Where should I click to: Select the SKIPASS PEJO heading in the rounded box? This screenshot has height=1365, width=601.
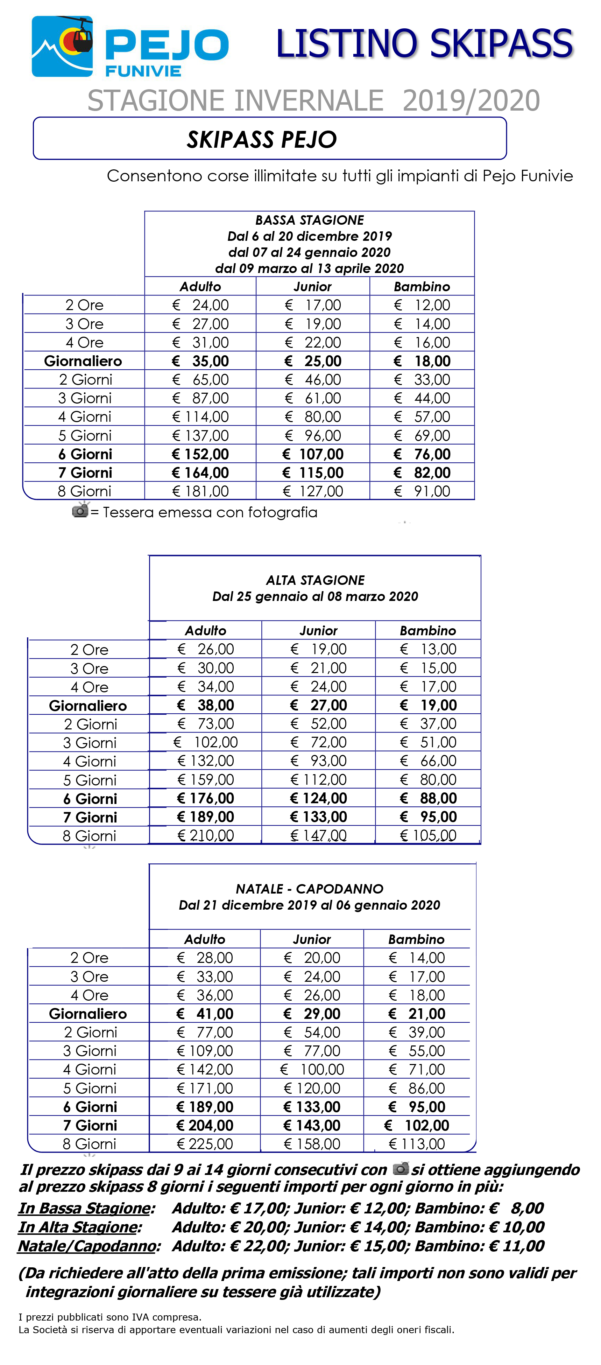tap(262, 139)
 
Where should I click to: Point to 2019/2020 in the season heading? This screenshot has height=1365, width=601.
tap(471, 101)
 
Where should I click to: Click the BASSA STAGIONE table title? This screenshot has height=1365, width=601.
tap(309, 220)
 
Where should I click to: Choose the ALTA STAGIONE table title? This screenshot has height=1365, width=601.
tap(315, 580)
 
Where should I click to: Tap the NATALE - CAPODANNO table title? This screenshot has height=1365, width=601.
tap(309, 889)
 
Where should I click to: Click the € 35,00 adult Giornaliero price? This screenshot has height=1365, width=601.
tap(201, 361)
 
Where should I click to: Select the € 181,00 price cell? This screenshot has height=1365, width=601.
tap(201, 491)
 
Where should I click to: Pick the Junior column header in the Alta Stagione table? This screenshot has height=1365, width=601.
tap(318, 631)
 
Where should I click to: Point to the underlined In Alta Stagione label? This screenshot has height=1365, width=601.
tap(79, 1227)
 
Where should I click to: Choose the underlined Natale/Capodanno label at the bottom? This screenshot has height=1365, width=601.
tap(88, 1246)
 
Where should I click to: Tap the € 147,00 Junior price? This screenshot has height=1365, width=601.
tap(318, 836)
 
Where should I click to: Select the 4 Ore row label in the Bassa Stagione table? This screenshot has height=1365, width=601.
tap(84, 342)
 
